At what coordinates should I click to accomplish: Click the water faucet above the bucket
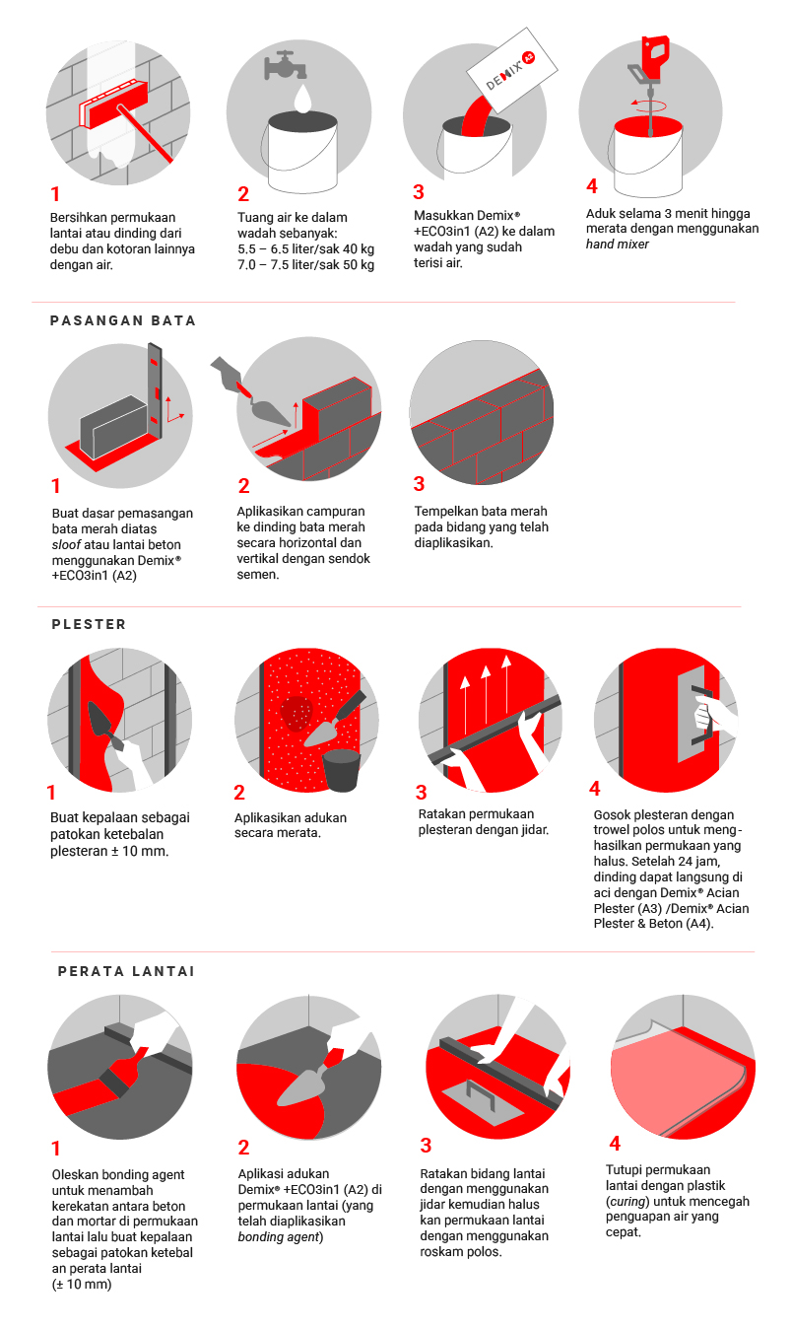coord(286,65)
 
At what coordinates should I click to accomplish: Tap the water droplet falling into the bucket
coord(303,98)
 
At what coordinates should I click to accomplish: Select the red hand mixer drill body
coord(655,57)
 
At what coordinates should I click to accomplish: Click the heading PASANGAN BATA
coord(123,321)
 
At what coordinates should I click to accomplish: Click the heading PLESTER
coord(89,624)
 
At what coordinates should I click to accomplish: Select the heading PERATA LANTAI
coord(126,971)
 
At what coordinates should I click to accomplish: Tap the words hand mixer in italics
coord(618,245)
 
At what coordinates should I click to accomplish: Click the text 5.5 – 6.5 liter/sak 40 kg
coord(306,249)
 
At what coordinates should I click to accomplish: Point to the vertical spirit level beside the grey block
coord(155,391)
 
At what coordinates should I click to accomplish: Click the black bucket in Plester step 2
coord(341,770)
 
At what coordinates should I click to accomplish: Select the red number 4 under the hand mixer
coord(592,186)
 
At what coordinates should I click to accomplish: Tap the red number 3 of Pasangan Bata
coord(420,484)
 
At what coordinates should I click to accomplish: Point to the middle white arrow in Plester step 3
coord(486,699)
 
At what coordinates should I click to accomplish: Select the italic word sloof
coord(66,544)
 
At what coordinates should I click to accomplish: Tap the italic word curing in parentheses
coord(627,1202)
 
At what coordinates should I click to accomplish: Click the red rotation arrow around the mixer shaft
coord(649,105)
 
